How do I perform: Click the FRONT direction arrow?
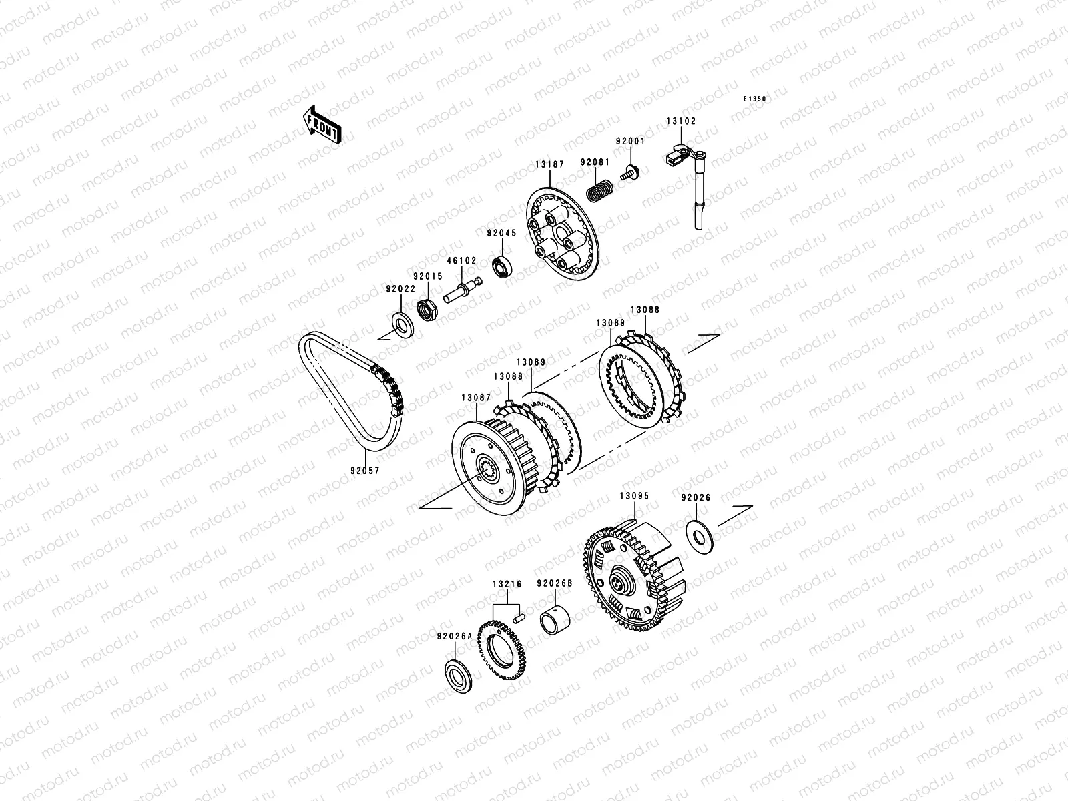click(322, 125)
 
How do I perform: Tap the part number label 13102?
click(682, 121)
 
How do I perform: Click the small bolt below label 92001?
click(629, 173)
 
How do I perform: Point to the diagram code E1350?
click(755, 99)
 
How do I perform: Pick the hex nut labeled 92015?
click(427, 309)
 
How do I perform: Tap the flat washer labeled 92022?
click(403, 325)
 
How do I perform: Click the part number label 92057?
click(365, 471)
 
